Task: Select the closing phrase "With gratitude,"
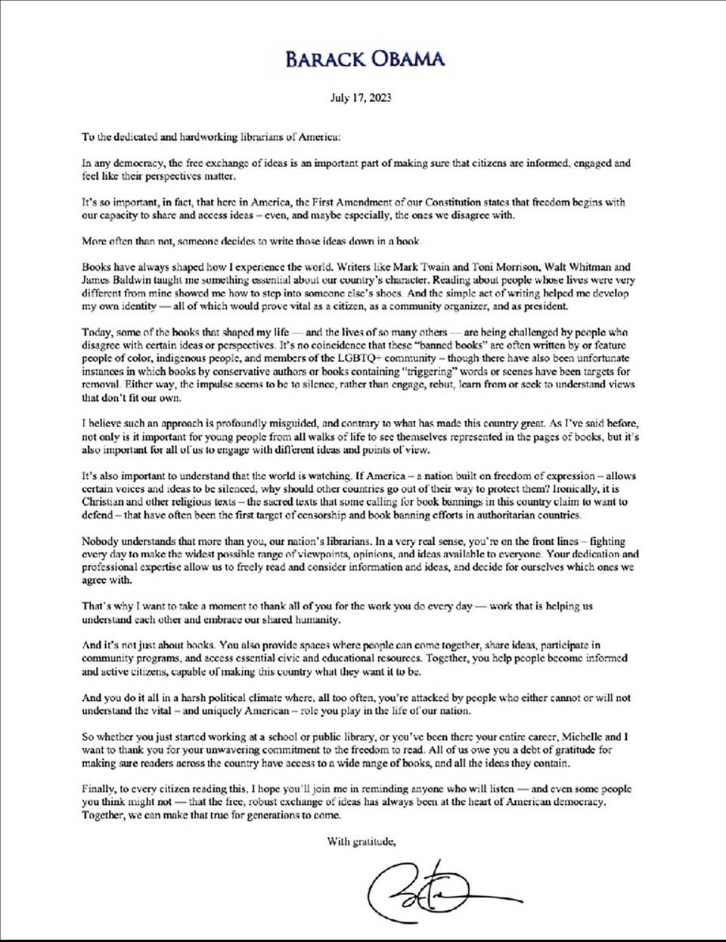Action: [x=361, y=841]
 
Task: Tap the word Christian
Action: [x=102, y=502]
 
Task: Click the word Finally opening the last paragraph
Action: [x=99, y=789]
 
